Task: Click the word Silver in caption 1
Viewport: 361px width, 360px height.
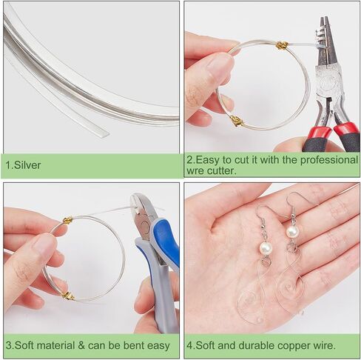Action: (x=27, y=165)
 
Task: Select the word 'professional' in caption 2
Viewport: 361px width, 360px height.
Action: (x=329, y=160)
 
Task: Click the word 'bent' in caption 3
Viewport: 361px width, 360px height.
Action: (x=133, y=345)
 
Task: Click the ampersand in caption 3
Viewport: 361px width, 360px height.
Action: (x=81, y=345)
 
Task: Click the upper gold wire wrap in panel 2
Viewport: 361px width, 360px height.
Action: (x=282, y=45)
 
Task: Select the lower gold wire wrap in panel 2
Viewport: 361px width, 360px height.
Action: (x=237, y=121)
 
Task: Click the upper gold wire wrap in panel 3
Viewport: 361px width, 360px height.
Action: (x=68, y=220)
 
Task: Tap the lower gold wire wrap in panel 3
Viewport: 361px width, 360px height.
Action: (x=67, y=295)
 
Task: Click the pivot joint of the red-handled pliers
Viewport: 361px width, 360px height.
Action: (x=328, y=82)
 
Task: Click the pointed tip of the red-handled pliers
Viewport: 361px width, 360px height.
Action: (x=324, y=17)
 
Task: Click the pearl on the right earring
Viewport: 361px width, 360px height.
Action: (x=293, y=231)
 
